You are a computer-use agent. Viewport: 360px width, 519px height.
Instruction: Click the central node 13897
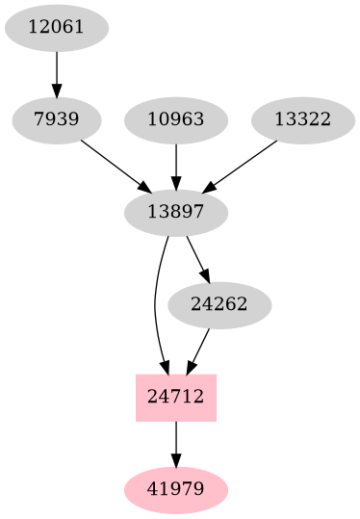tap(176, 212)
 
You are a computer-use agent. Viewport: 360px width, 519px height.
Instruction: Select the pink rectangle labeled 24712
tap(176, 398)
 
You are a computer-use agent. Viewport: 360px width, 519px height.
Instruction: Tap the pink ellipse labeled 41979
tap(176, 490)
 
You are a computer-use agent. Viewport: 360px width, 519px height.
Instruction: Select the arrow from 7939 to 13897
tap(114, 164)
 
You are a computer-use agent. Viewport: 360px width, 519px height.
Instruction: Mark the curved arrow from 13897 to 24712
tap(156, 308)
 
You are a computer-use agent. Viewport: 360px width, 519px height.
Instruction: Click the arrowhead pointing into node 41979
tap(176, 460)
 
